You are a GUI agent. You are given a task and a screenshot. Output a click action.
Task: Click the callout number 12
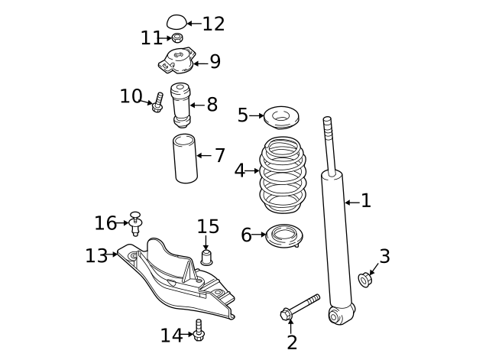click(213, 24)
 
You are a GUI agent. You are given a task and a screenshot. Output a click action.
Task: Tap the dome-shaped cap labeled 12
click(176, 21)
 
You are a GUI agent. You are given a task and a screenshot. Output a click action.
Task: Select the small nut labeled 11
click(177, 38)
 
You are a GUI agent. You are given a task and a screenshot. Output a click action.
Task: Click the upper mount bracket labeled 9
click(178, 60)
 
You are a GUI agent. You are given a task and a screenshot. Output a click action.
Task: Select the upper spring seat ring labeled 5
click(280, 118)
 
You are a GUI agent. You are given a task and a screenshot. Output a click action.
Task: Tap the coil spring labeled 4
click(282, 175)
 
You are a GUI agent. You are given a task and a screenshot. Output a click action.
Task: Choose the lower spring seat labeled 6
click(283, 235)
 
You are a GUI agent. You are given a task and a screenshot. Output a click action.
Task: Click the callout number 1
click(366, 201)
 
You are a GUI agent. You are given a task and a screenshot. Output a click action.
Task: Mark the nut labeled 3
click(364, 280)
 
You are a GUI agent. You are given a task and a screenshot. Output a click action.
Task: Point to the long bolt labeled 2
click(300, 306)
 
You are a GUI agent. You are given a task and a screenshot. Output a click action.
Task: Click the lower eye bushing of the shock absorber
click(338, 313)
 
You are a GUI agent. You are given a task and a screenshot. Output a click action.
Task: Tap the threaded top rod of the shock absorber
click(329, 141)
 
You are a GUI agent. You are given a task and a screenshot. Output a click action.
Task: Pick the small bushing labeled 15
click(206, 255)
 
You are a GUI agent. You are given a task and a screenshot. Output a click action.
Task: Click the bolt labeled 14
click(199, 331)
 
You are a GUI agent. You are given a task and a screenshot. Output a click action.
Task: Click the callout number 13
click(96, 256)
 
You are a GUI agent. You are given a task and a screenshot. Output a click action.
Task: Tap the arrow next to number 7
click(203, 156)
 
